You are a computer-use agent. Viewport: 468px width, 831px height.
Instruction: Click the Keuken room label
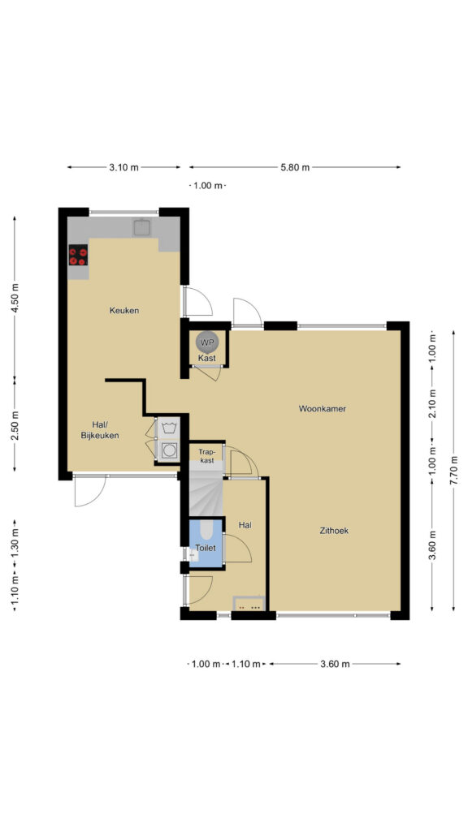point(124,311)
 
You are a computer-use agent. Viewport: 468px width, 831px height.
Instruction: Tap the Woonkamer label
point(322,409)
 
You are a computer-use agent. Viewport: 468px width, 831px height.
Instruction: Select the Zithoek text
point(334,530)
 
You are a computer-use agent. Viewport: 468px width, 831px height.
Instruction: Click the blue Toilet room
point(206,543)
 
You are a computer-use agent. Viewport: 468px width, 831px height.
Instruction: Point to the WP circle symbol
point(206,342)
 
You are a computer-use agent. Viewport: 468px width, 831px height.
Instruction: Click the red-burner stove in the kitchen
point(78,255)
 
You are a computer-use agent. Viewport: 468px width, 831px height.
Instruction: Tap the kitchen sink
point(142,227)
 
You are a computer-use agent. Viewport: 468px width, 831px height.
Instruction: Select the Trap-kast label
point(206,456)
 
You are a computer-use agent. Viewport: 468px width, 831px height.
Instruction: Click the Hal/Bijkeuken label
point(99,430)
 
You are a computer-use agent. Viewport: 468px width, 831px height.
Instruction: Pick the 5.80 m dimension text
point(295,167)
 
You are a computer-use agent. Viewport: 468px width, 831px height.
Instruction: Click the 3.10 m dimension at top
point(123,167)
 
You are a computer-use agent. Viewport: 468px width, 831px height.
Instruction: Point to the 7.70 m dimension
point(453,469)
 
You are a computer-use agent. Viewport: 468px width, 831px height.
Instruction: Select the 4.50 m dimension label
point(15,298)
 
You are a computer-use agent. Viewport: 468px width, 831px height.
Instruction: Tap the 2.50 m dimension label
point(15,425)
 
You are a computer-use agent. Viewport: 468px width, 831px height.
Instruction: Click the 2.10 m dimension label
point(432,404)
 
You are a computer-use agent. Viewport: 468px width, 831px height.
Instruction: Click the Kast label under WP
point(206,358)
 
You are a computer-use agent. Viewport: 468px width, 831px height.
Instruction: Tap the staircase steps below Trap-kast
point(206,489)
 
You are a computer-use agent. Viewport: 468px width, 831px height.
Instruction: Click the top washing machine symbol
point(169,428)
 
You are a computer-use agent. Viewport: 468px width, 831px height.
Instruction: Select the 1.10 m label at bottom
point(245,664)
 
